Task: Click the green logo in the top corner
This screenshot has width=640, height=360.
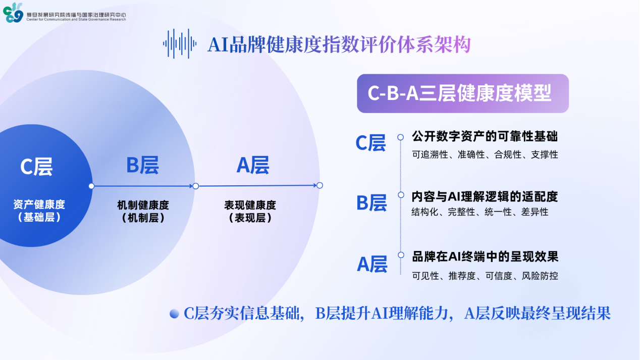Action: tap(13, 13)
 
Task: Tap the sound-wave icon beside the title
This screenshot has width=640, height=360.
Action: tap(180, 44)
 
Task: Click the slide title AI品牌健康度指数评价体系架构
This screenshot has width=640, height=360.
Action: tap(339, 44)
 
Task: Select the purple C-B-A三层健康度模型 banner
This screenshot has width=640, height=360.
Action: tap(463, 93)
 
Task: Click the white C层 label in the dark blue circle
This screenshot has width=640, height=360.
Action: tap(36, 167)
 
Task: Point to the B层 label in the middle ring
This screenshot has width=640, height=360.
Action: tap(142, 165)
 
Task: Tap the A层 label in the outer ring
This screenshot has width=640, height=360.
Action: tap(253, 165)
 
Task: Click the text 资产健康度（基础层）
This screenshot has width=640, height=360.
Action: tap(39, 211)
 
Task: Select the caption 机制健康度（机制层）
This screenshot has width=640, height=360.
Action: tap(143, 212)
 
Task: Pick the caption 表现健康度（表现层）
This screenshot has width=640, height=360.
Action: tap(250, 212)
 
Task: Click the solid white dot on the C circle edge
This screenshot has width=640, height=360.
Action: tap(91, 186)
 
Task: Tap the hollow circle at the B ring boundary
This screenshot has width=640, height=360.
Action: tap(196, 186)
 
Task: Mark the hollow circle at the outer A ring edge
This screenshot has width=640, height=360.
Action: tap(319, 185)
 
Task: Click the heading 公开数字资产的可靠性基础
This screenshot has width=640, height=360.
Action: tap(485, 136)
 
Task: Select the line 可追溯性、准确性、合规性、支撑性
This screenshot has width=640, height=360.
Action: tap(485, 155)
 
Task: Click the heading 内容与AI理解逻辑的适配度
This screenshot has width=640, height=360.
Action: tap(485, 196)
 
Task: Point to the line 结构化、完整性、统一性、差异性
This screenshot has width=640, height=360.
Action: tap(480, 212)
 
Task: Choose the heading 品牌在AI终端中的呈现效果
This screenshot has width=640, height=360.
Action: tap(485, 256)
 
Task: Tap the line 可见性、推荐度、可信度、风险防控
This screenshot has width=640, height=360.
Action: tap(485, 276)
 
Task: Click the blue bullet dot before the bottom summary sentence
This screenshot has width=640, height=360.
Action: tap(174, 314)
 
